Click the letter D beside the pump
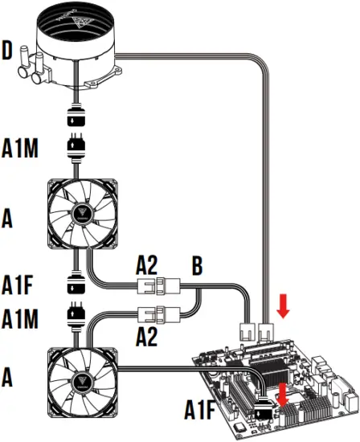click(8, 54)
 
